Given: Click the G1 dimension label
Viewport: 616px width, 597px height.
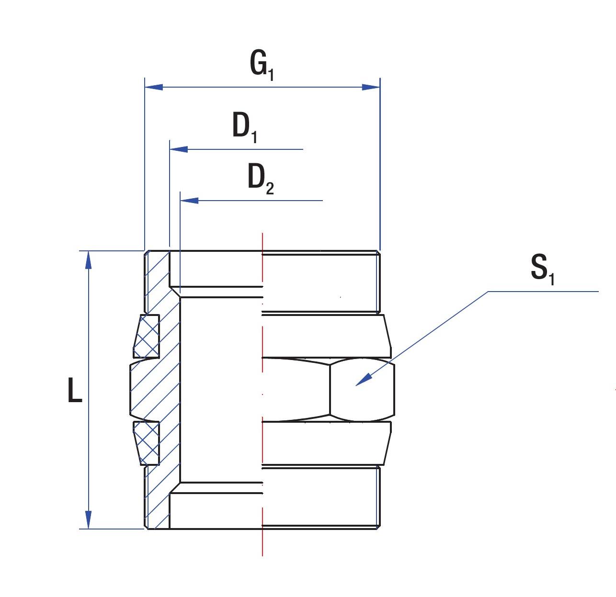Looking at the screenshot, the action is [x=262, y=66].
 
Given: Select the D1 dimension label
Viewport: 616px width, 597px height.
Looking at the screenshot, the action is [x=245, y=127].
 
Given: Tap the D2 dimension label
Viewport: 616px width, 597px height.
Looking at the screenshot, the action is [x=261, y=179].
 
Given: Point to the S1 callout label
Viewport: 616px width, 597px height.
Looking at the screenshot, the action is [x=543, y=269].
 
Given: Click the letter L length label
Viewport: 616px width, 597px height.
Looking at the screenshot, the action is [x=75, y=390].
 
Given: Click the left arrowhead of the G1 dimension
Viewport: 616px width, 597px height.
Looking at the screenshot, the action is [x=154, y=87].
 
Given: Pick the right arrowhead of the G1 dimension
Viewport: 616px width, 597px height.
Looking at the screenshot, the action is [x=371, y=87].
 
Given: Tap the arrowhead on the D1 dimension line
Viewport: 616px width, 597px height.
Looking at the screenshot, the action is [x=179, y=149].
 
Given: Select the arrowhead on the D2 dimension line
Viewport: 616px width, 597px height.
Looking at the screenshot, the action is [x=189, y=201].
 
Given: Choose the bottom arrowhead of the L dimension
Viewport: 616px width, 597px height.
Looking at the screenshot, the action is [x=89, y=520].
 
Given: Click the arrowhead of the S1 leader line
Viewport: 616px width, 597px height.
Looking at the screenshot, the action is [x=364, y=380].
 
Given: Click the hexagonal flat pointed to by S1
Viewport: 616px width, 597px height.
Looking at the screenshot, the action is [x=362, y=390].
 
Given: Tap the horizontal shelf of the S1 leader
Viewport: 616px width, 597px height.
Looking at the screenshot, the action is [x=543, y=292].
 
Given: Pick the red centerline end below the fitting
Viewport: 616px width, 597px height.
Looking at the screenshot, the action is [x=262, y=555].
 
